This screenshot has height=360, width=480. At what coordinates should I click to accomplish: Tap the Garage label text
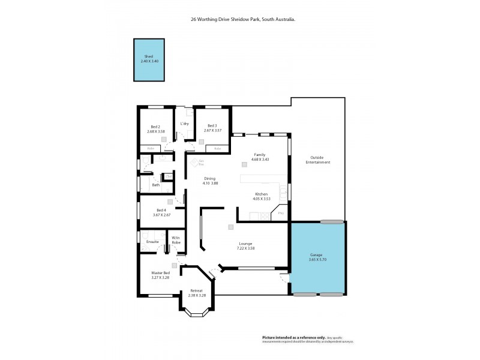317,254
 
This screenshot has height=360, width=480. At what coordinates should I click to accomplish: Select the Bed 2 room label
155,127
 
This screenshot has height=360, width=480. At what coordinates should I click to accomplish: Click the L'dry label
185,124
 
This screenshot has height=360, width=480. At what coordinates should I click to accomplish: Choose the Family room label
259,154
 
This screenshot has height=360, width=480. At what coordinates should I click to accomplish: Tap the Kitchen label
261,194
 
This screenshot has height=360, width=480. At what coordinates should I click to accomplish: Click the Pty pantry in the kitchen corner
280,212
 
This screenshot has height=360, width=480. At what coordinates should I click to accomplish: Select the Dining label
209,178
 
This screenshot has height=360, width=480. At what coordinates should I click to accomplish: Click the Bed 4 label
161,211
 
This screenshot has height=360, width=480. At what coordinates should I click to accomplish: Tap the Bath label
155,185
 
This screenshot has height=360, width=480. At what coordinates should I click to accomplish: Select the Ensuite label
152,241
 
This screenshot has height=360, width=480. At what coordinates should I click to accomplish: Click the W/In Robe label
176,240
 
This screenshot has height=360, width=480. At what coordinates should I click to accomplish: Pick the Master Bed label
161,273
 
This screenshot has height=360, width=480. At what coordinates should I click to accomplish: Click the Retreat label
197,291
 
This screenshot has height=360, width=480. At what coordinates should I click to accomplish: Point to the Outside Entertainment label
317,160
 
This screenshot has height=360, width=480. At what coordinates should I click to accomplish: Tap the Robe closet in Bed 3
217,148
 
